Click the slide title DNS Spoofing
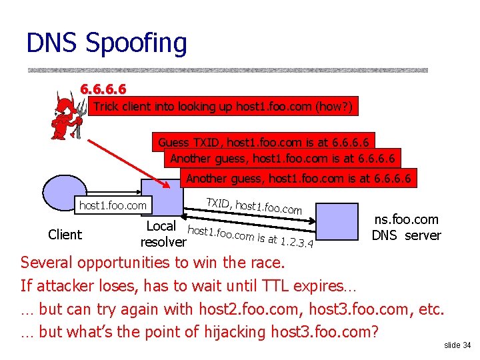107,43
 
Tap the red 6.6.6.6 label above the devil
103,89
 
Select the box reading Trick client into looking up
223,107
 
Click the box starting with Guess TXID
265,141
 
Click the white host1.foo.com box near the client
113,205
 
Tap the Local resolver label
163,233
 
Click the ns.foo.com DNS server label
406,227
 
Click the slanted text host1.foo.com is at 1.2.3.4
251,237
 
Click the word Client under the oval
65,235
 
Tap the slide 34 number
457,345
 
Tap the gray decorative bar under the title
227,70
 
